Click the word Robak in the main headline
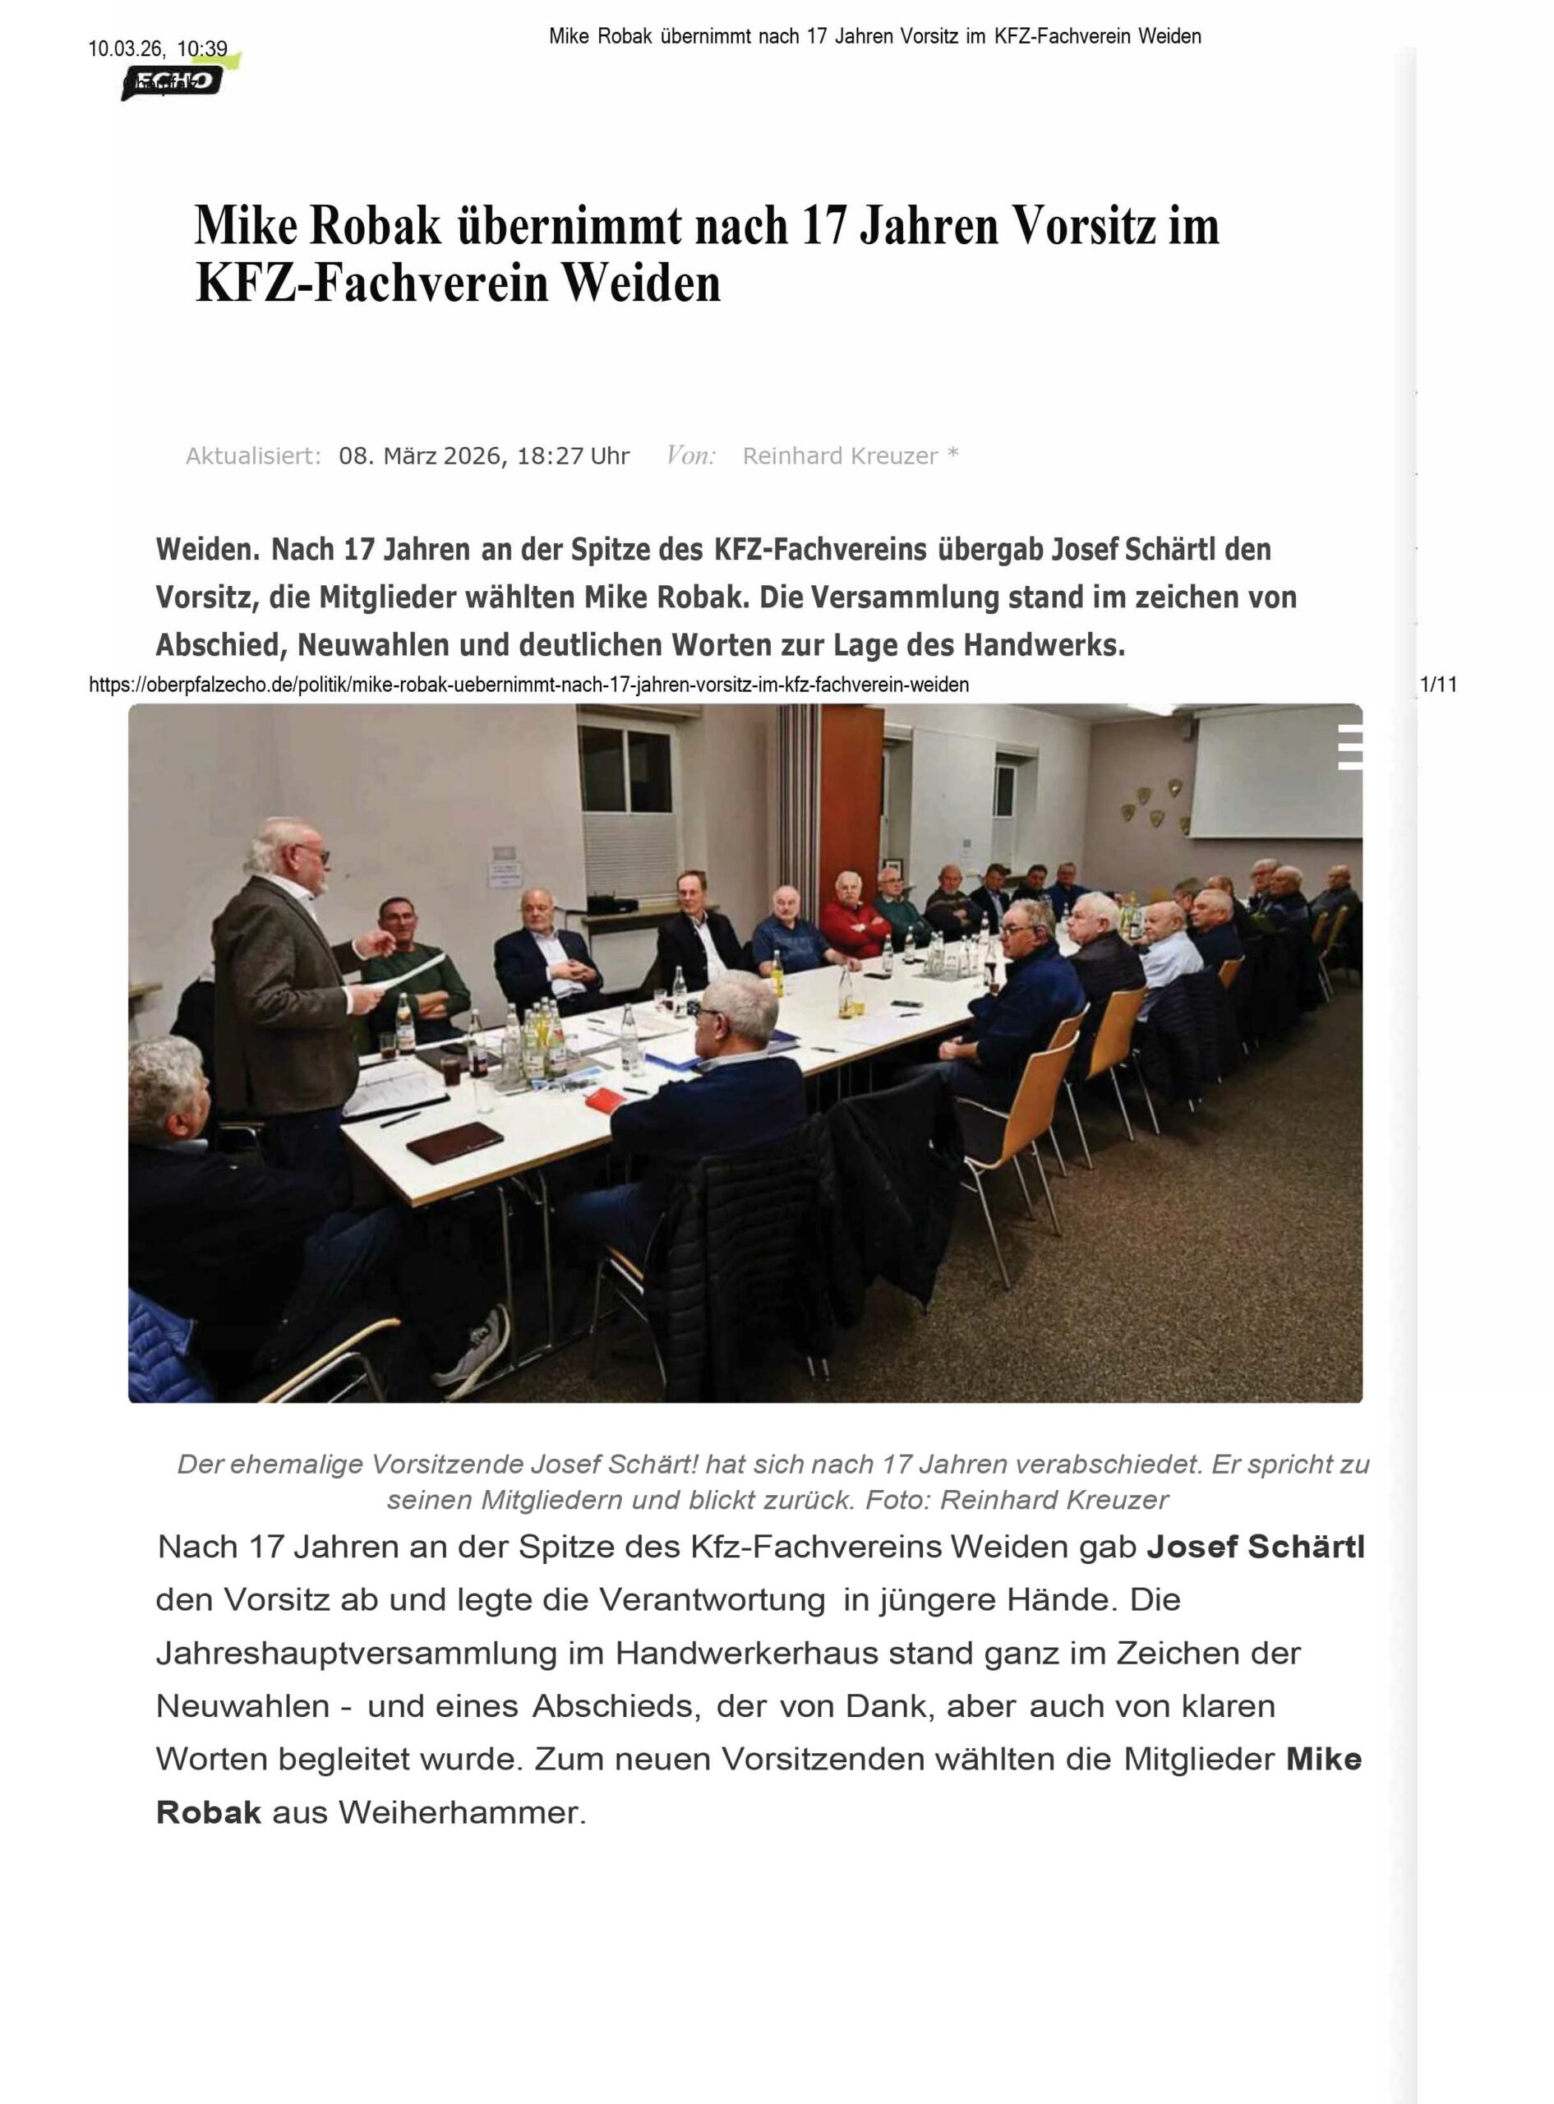pyautogui.click(x=375, y=226)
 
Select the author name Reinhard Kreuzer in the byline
pyautogui.click(x=840, y=456)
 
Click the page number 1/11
pyautogui.click(x=1438, y=685)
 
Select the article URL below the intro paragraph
pyautogui.click(x=528, y=685)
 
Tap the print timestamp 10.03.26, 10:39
pyautogui.click(x=158, y=49)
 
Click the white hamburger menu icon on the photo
pyautogui.click(x=1350, y=747)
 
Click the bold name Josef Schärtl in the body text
pyautogui.click(x=1254, y=1548)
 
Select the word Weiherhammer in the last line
pyautogui.click(x=461, y=1812)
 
